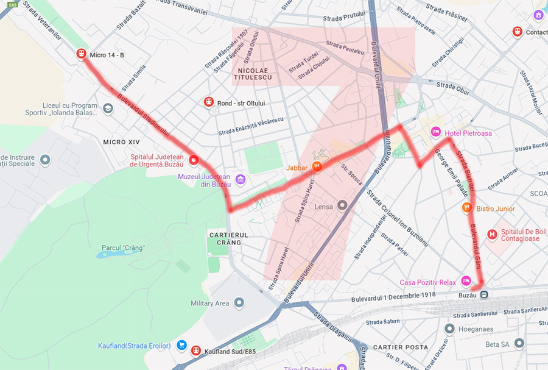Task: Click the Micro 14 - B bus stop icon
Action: point(80,54)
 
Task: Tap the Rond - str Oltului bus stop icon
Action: point(208,102)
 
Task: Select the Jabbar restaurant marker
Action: point(316,166)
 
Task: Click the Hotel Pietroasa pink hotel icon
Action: point(436,132)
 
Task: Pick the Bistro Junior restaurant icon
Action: point(466,208)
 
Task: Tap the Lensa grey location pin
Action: point(342,206)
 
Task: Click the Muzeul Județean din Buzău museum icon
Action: point(241,179)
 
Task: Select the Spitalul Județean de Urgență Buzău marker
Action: point(194,160)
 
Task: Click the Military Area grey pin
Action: point(239,302)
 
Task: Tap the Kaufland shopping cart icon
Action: point(181,346)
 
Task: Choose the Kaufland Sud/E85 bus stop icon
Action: point(195,350)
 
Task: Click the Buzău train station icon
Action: point(484,294)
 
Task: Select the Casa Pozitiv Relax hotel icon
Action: point(466,281)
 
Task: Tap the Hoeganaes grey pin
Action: point(449,329)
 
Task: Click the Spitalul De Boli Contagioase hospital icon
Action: point(492,233)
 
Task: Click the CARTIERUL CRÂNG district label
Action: point(225,238)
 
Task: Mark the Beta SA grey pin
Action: point(519,344)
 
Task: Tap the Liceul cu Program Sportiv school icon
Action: point(108,109)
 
